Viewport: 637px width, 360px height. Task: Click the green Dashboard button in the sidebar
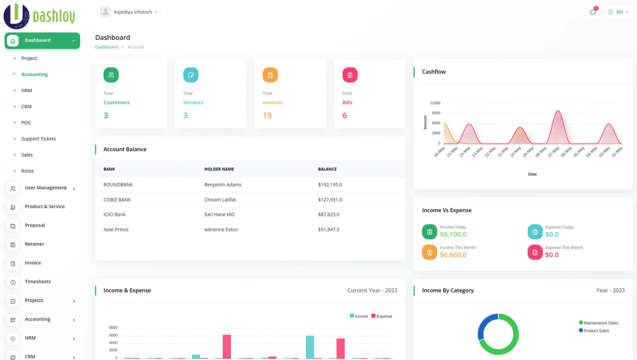42,41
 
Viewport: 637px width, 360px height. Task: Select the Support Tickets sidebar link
39,139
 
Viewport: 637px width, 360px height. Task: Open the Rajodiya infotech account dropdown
129,12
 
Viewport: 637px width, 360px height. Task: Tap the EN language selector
618,12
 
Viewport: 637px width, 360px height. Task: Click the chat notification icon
593,12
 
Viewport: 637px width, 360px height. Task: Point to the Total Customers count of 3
106,115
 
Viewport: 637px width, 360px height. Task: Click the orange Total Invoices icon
270,75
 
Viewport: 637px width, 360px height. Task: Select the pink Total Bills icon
350,75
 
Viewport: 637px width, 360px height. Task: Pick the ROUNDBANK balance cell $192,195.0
330,185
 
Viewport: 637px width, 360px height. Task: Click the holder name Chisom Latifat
220,200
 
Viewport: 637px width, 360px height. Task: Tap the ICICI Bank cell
114,215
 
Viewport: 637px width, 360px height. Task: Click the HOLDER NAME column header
219,169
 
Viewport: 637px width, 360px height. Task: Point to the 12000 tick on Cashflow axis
435,103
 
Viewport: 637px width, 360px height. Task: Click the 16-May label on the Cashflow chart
439,152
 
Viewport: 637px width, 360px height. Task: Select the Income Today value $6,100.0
453,235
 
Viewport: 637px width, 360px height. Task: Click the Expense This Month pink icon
535,252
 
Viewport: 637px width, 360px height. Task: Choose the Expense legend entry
382,316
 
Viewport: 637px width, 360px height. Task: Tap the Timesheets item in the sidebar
38,282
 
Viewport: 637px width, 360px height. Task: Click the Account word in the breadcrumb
136,47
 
